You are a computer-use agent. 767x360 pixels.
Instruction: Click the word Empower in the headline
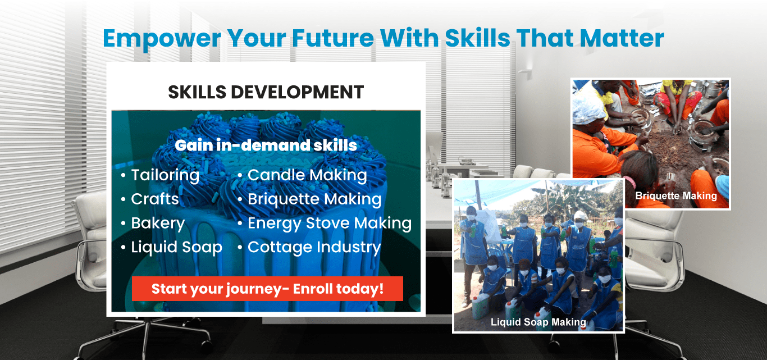point(162,39)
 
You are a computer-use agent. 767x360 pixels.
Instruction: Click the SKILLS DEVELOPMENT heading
point(266,92)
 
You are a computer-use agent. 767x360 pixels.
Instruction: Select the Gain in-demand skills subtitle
point(266,145)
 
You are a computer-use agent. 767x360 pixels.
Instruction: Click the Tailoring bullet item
point(165,175)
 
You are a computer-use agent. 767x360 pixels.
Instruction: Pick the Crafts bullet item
point(155,199)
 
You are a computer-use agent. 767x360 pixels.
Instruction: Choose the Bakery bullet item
point(158,224)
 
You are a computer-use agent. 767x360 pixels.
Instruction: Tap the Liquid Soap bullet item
point(177,247)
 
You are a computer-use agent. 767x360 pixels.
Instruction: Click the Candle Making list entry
point(307,175)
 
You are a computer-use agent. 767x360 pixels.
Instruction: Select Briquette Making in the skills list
point(314,199)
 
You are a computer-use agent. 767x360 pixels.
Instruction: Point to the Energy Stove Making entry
point(330,224)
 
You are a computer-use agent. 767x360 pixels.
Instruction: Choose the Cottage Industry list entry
point(314,247)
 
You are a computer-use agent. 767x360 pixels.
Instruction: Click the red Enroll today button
point(267,289)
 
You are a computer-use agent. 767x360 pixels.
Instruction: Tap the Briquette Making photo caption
point(676,195)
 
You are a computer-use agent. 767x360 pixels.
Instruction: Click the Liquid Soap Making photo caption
point(538,322)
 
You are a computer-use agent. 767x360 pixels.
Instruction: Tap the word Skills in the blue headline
point(478,38)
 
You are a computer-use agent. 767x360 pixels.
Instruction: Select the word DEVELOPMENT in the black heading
point(297,92)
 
